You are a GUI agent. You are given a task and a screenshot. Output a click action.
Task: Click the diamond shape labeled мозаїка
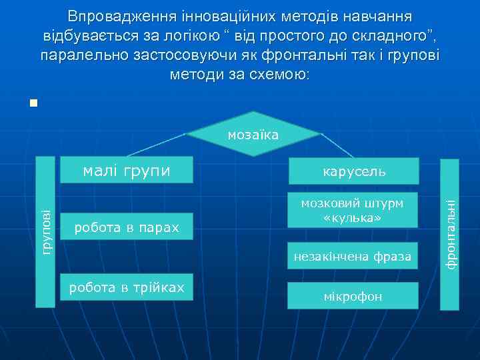[253, 135]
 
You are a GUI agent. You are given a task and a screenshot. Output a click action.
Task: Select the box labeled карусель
[353, 172]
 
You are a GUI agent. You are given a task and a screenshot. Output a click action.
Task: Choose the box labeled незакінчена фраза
[353, 256]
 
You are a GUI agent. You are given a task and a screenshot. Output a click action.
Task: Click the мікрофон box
[353, 296]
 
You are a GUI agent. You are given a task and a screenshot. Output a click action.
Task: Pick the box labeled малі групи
[127, 171]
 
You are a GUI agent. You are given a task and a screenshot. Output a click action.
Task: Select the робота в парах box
[126, 228]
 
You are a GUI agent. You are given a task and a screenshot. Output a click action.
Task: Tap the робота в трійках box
[126, 287]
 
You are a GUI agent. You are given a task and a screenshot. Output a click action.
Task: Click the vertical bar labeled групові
[45, 231]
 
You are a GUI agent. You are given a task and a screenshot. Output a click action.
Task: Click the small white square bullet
[33, 103]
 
